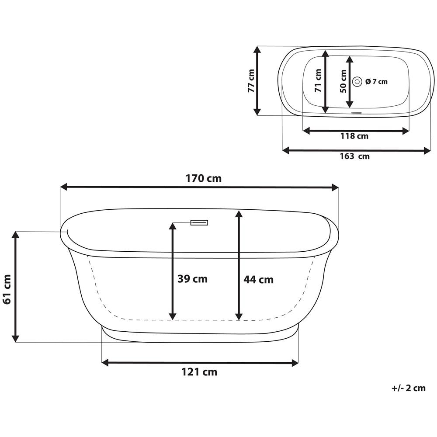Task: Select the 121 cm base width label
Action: click(x=199, y=372)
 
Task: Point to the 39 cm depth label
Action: click(x=192, y=279)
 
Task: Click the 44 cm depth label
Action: click(x=259, y=279)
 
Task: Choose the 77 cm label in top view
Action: click(x=250, y=81)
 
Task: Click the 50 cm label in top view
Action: click(x=343, y=81)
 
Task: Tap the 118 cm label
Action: click(x=354, y=136)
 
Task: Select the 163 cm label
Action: click(x=354, y=156)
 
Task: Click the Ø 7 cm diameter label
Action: click(x=376, y=81)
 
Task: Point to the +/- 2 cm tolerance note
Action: click(x=408, y=388)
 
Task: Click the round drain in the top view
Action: click(x=357, y=81)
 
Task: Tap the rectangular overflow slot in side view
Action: click(x=199, y=222)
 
